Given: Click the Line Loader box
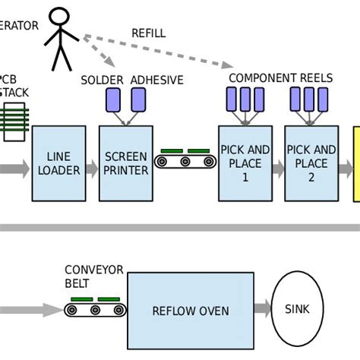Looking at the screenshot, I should tap(58, 163).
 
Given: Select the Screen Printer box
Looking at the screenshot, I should tap(125, 163).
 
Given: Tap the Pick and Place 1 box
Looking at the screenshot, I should tap(245, 163).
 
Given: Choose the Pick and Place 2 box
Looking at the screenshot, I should tap(311, 163).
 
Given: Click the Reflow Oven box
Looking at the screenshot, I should tap(190, 310).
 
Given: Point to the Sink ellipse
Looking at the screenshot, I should tap(297, 309).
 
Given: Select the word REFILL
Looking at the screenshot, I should tap(148, 33).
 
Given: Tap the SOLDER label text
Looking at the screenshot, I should tap(102, 79).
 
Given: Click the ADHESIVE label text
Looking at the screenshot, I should tap(156, 79).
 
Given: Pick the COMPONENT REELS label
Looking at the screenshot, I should tap(273, 78).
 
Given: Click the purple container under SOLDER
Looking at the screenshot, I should tap(113, 99).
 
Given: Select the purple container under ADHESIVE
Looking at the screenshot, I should tap(138, 99).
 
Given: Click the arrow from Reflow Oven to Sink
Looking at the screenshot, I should tap(261, 309).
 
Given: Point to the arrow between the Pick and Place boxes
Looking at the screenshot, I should tap(278, 168).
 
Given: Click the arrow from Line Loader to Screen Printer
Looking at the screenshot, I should tap(91, 169).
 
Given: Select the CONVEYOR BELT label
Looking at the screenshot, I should tap(88, 276).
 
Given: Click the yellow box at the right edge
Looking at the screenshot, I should tap(356, 163).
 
